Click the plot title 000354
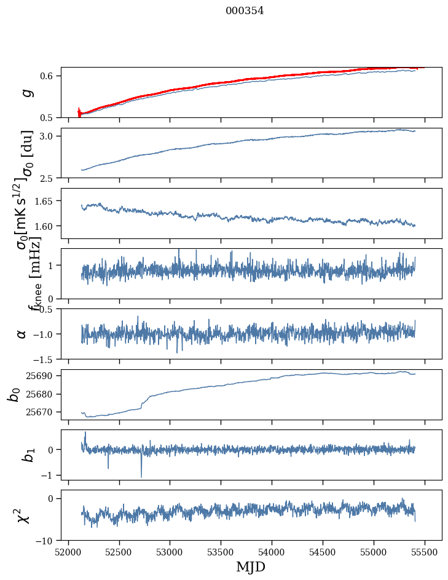click(245, 10)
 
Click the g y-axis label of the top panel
click(25, 93)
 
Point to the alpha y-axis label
click(22, 334)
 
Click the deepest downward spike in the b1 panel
click(141, 477)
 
